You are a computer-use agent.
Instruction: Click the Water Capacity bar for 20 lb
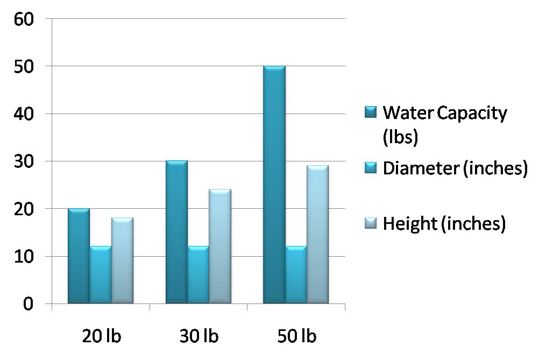tap(79, 256)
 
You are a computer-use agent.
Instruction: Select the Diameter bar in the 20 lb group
tap(101, 275)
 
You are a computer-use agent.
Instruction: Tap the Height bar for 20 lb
tap(122, 261)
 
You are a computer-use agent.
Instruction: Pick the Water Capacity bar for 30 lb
tap(176, 232)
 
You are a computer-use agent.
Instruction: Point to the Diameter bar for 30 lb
tap(198, 275)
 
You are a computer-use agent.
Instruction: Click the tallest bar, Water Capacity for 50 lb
tap(274, 185)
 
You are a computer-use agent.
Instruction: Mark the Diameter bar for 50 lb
tap(296, 275)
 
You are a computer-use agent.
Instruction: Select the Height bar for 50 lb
tap(317, 235)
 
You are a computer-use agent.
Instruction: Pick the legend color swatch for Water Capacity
tap(371, 113)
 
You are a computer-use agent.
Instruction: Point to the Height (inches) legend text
tap(444, 223)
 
